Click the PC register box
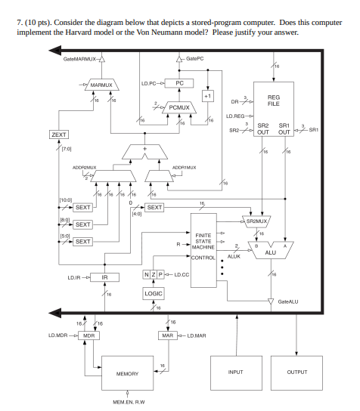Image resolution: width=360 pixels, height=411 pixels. [179, 83]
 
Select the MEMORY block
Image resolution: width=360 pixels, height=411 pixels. [127, 373]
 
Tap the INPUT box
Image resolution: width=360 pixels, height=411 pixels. [237, 370]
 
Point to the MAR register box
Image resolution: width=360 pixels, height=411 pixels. [169, 334]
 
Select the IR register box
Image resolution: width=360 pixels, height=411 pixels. [106, 277]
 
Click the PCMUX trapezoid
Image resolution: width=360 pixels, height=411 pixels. [178, 108]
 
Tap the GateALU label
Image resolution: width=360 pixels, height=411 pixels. [288, 301]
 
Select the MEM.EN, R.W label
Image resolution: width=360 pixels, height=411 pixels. [127, 401]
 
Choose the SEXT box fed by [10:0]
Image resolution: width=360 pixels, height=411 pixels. [82, 207]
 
